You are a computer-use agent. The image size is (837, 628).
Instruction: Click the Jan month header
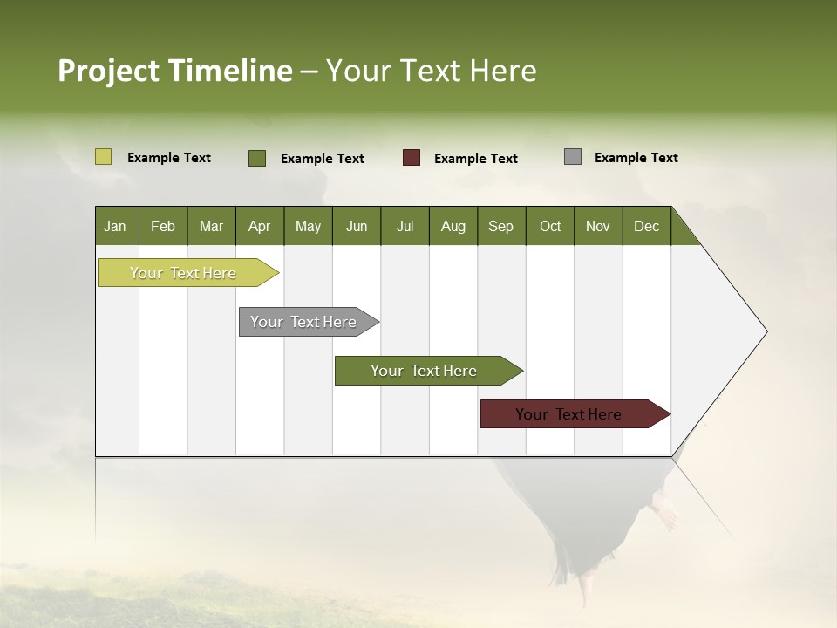(115, 226)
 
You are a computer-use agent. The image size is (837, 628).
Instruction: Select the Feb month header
(163, 226)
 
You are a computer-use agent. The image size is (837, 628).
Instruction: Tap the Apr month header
(259, 226)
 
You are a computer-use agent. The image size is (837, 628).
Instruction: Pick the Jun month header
(357, 226)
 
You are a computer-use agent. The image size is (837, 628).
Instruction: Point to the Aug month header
(453, 226)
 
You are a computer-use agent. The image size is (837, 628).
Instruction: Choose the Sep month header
(500, 226)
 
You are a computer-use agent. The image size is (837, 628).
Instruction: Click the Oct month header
(550, 226)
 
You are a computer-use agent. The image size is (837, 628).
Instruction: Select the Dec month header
(646, 226)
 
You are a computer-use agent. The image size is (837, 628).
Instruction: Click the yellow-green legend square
(103, 157)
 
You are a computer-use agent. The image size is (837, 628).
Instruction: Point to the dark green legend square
(256, 158)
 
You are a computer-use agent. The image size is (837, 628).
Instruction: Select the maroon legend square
(411, 158)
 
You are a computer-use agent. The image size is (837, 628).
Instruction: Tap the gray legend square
(572, 157)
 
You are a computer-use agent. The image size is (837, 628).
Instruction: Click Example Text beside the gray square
(636, 158)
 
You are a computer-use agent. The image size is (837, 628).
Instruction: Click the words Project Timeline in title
(175, 71)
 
